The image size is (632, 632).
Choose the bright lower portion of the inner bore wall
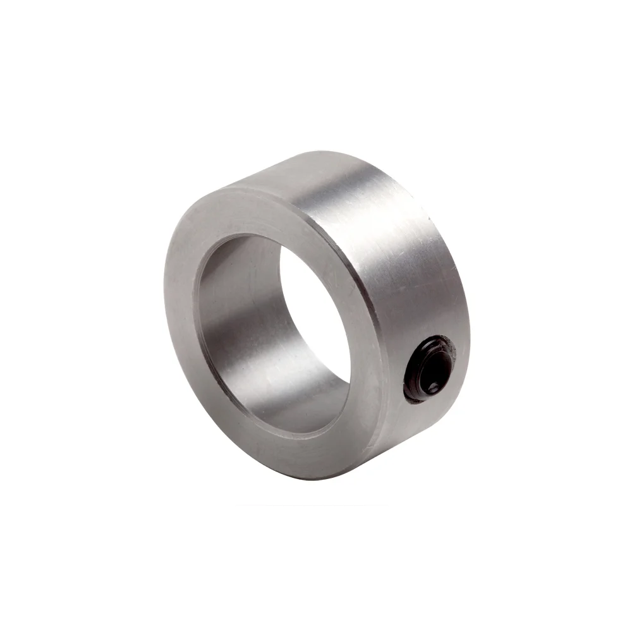point(284,404)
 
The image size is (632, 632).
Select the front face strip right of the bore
point(370,354)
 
